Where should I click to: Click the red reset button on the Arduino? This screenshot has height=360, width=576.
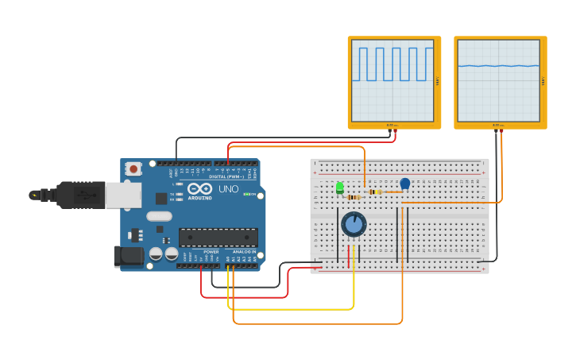[x=133, y=168]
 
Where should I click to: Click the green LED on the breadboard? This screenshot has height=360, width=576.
[x=340, y=188]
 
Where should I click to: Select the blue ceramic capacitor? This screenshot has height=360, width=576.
[x=405, y=184]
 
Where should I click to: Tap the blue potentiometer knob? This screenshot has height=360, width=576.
[x=354, y=225]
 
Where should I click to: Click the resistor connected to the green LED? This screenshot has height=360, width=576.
[x=354, y=197]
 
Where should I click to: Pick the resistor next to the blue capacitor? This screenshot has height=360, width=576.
[x=376, y=192]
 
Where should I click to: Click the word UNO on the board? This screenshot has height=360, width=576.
[x=229, y=189]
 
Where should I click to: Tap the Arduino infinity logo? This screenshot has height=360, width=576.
[x=199, y=189]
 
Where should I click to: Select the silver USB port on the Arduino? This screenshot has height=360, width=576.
[x=123, y=195]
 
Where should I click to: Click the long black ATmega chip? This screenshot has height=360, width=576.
[x=218, y=237]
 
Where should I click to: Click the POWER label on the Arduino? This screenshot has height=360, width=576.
[x=211, y=252]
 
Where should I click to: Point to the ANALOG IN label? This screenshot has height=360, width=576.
[x=244, y=252]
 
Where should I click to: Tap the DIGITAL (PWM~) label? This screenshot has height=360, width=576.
[x=226, y=176]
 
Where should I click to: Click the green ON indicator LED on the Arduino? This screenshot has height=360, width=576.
[x=247, y=194]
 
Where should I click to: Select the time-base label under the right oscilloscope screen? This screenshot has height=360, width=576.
[x=498, y=125]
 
